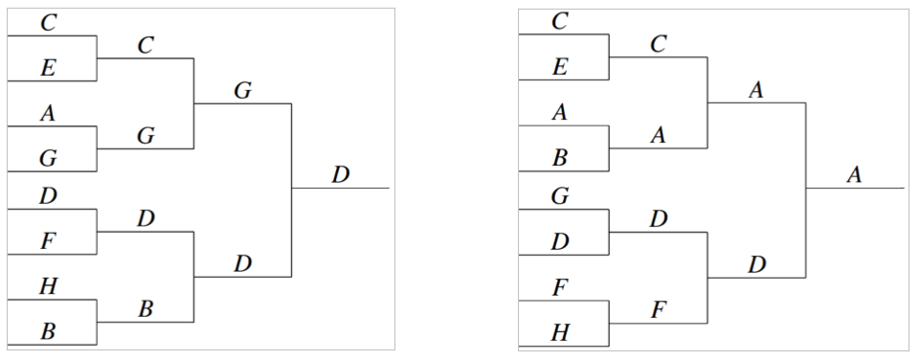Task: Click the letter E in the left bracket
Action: [x=49, y=67]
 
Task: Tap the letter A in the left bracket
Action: [x=49, y=113]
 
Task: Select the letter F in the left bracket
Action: [x=49, y=240]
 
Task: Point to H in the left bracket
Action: [x=49, y=286]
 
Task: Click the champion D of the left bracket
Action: [x=341, y=174]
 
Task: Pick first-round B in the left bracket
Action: [x=49, y=331]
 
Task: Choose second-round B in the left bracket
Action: [x=146, y=308]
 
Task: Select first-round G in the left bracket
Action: [x=49, y=158]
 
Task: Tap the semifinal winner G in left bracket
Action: [x=242, y=90]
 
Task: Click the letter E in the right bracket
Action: [x=561, y=67]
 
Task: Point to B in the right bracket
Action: [x=561, y=158]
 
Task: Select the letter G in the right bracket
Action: [x=561, y=195]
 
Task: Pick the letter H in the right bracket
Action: [x=561, y=331]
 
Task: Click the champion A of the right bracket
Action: [x=854, y=174]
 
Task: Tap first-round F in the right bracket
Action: [x=561, y=286]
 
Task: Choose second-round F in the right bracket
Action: [x=659, y=308]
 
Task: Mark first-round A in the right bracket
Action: [x=561, y=113]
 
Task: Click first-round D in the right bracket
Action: [x=561, y=240]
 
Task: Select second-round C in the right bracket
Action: [x=659, y=44]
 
